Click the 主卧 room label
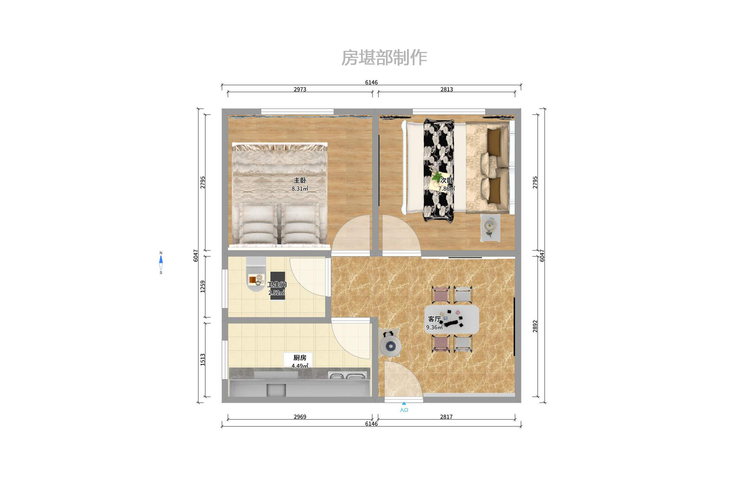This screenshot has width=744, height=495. (300, 180)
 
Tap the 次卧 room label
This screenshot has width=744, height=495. (446, 180)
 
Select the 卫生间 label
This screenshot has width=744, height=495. (277, 284)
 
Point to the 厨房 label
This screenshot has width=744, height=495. (300, 358)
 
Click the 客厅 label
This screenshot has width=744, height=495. (434, 319)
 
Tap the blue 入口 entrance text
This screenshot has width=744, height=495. (404, 410)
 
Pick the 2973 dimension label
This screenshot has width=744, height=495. (300, 89)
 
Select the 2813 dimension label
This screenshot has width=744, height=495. (446, 89)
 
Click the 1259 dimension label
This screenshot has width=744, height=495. (202, 286)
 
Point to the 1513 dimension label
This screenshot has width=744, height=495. (202, 359)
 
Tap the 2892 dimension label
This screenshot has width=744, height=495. (535, 326)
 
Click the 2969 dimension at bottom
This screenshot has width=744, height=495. (300, 417)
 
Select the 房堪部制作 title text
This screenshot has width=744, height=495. (384, 57)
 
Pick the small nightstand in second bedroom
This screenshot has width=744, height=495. (490, 227)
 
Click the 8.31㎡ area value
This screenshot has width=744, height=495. (300, 189)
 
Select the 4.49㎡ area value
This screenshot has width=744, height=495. (300, 366)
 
